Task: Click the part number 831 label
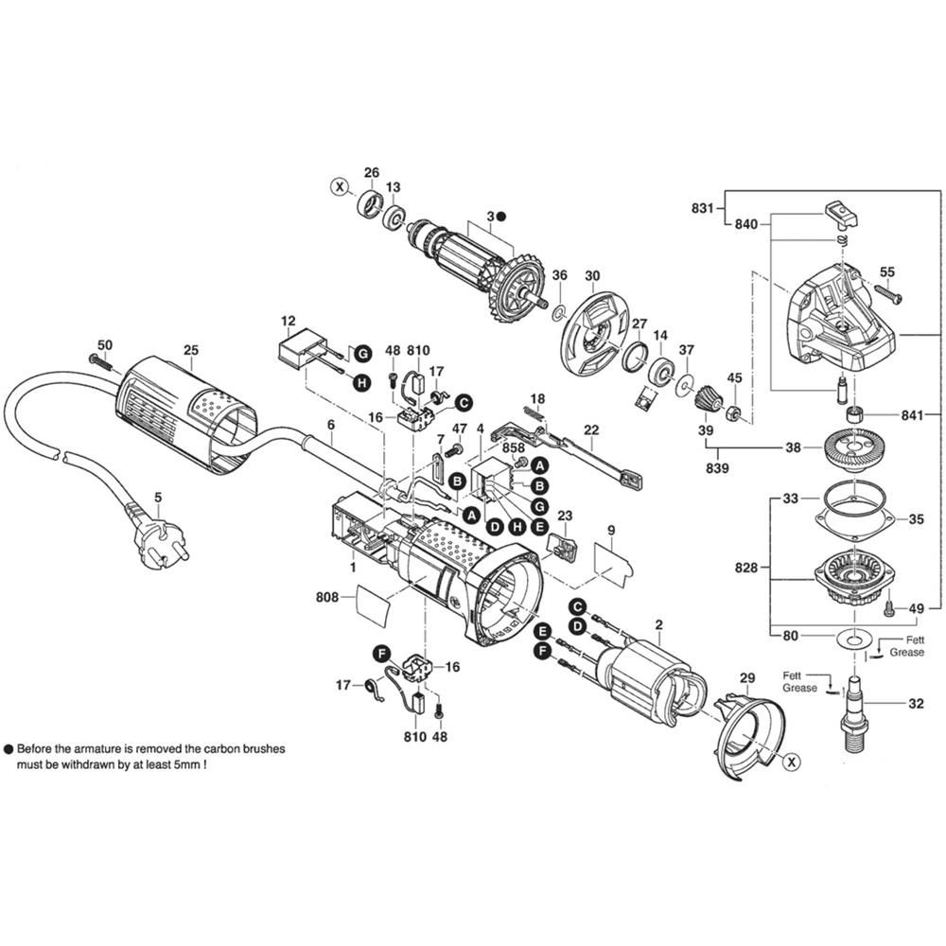702,209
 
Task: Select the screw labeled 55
891,295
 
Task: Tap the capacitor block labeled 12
298,351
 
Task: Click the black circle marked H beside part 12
360,383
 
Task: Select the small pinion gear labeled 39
704,404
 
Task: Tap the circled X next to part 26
339,186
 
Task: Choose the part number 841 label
914,415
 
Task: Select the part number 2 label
658,624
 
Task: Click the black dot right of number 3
502,216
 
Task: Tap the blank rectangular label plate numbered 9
613,559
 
